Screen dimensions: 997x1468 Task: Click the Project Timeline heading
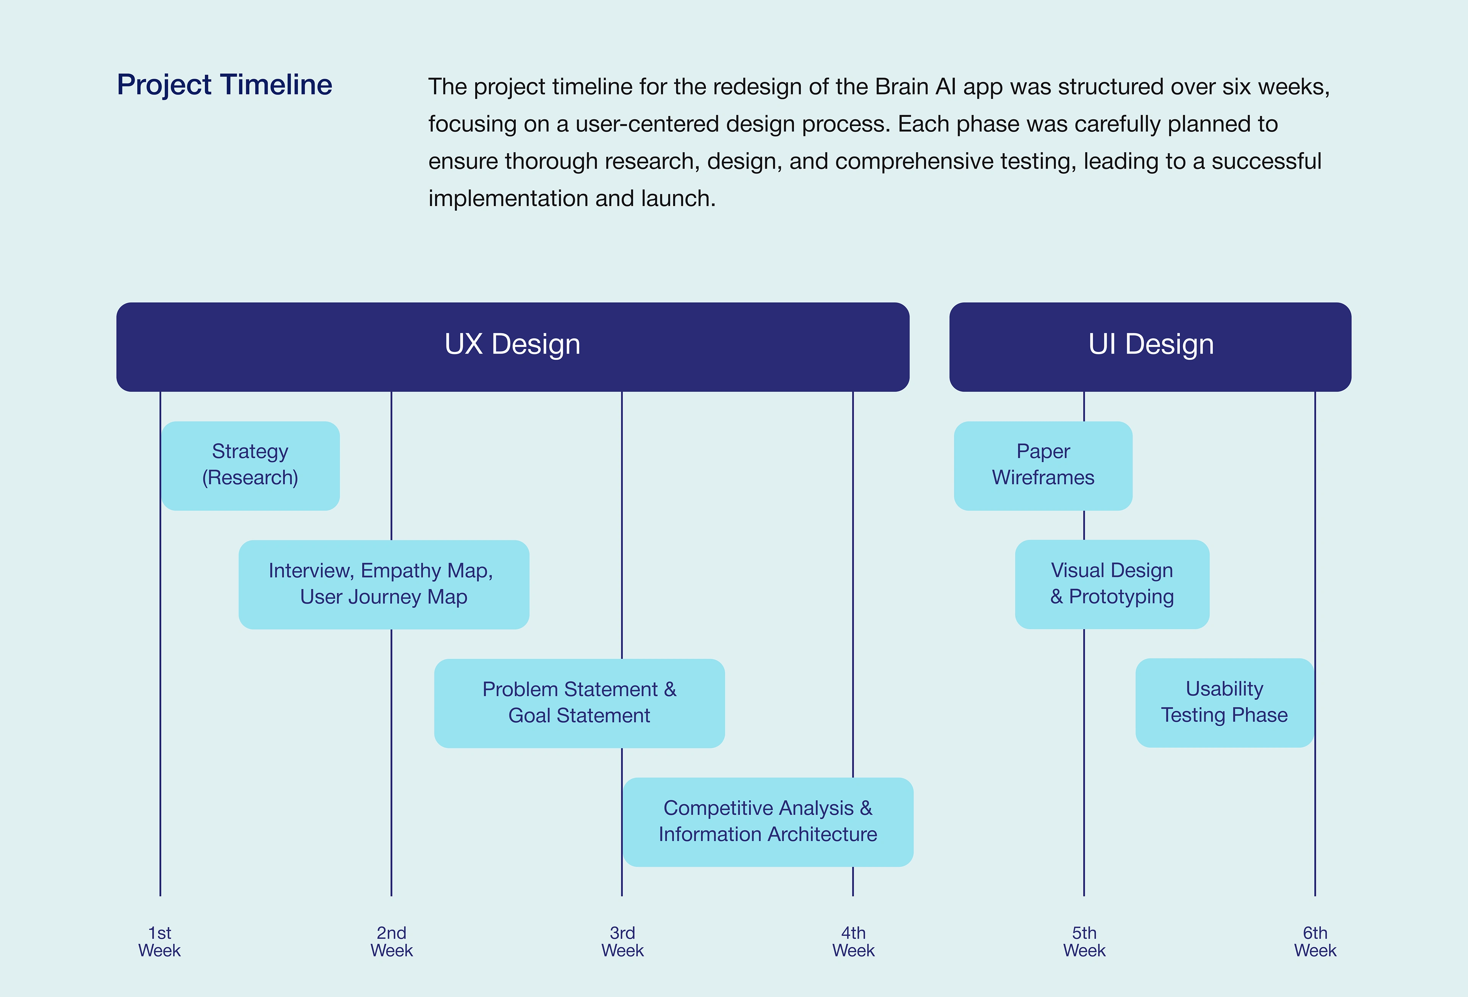(x=224, y=84)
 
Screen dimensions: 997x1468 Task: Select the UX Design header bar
(x=512, y=346)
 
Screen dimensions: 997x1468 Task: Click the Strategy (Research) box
(x=250, y=465)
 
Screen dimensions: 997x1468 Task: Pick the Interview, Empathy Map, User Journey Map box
(x=383, y=584)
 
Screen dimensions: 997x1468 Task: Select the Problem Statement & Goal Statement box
(x=579, y=703)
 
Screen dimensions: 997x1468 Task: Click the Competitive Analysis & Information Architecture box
(x=768, y=822)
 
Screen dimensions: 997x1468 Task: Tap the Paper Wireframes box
(x=1043, y=465)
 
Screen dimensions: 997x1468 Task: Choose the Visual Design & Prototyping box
(x=1112, y=584)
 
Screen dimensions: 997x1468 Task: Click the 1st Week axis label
(x=160, y=942)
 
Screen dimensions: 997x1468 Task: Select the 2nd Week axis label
(x=391, y=942)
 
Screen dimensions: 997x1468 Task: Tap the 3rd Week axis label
(x=622, y=942)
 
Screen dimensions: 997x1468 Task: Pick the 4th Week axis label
(x=853, y=942)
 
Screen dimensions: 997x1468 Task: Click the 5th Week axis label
(x=1084, y=942)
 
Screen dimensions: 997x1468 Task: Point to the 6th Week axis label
(x=1315, y=942)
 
